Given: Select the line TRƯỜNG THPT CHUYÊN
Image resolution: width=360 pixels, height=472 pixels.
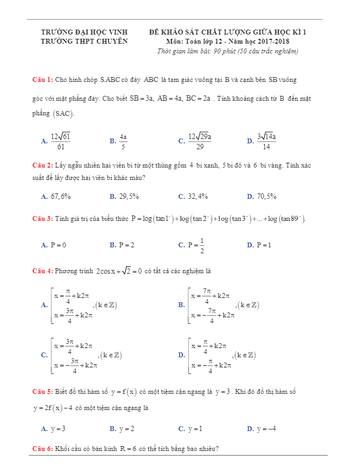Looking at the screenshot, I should coord(84,41).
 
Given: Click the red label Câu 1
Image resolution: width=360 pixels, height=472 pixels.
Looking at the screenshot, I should coord(42,80).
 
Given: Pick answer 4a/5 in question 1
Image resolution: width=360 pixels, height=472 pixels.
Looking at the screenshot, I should coord(123,141).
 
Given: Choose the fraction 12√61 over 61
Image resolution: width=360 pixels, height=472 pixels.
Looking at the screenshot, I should coord(60,141).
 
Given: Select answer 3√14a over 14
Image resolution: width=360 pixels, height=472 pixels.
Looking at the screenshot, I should coord(266,141).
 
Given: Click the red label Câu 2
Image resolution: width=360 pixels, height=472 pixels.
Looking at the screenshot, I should coord(42,165).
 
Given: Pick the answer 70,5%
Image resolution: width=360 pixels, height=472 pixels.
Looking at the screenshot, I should coord(266,197).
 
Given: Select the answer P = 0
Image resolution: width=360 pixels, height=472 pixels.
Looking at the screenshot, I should coord(58,245).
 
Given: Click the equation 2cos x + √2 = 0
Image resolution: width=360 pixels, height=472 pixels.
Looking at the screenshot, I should coord(119,270).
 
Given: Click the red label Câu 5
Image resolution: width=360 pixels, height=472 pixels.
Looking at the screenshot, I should coord(42,391).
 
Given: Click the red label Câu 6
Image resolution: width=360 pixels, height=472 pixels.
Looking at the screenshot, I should coord(42,449).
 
